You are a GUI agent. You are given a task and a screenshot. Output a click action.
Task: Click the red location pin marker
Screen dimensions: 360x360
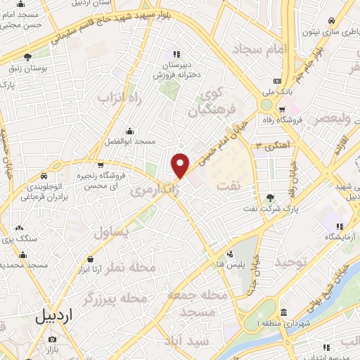[x=181, y=165]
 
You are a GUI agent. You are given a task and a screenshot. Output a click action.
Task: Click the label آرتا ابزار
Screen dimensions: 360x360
[x=88, y=269]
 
